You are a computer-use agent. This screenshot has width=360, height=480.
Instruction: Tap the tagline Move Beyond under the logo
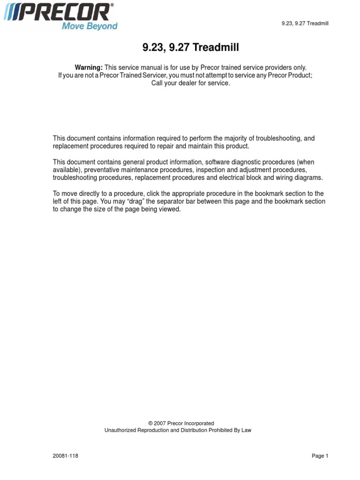point(90,26)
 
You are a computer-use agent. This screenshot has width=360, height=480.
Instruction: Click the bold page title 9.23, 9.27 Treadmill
point(190,48)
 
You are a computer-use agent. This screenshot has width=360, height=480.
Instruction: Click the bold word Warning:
point(89,68)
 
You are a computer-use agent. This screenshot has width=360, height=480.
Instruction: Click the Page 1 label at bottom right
point(320,456)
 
